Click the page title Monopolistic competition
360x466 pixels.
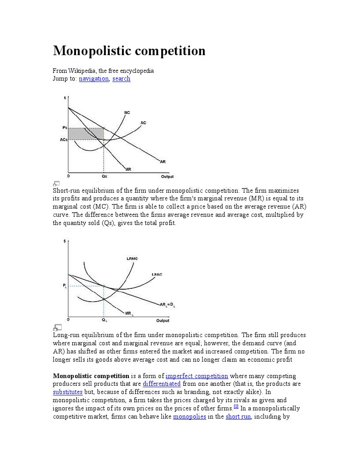(x=129, y=51)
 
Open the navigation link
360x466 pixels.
(x=94, y=79)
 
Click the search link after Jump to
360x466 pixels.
(x=122, y=79)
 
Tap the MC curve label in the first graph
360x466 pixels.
(x=127, y=113)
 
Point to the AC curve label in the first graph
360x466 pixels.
(x=143, y=123)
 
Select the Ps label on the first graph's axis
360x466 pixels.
(x=65, y=128)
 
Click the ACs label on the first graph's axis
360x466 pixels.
(x=64, y=140)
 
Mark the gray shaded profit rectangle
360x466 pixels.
(x=86, y=133)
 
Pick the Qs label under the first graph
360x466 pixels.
(x=104, y=176)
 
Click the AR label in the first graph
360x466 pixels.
(x=162, y=161)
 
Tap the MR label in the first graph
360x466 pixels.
(x=128, y=169)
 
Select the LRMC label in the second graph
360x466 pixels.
(x=132, y=259)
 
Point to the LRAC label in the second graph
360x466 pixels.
(x=157, y=274)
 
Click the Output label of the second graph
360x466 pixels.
(x=162, y=321)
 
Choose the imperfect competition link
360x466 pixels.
(x=197, y=376)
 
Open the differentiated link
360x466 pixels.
(x=162, y=384)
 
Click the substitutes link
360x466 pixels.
(x=68, y=392)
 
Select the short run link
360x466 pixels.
(x=238, y=416)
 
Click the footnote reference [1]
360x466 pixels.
(x=236, y=407)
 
